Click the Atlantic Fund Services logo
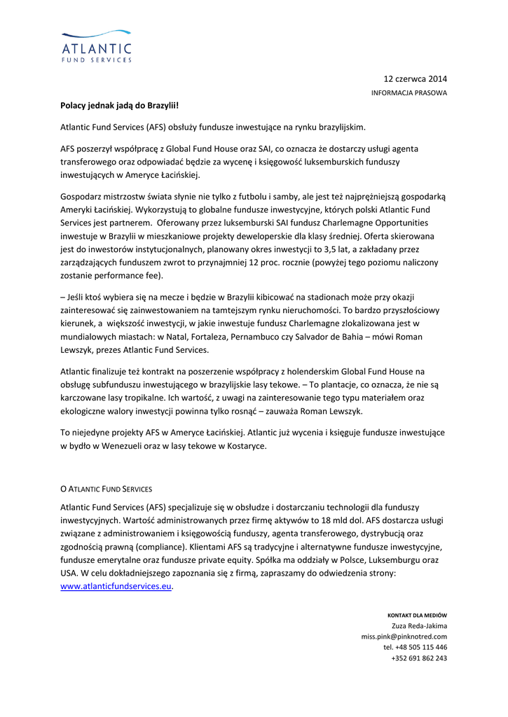(96, 46)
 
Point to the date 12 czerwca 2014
(415, 78)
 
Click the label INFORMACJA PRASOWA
(409, 92)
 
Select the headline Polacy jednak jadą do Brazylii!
(120, 106)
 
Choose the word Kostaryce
(246, 446)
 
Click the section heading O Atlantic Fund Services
(106, 488)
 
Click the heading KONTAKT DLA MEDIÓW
(417, 615)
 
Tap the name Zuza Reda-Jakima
(419, 626)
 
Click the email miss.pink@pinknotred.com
(404, 636)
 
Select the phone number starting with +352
(419, 657)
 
